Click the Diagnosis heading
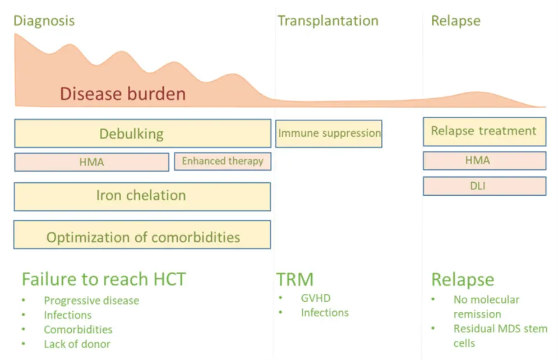tap(44, 21)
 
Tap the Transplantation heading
tap(328, 21)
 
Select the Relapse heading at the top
tap(455, 21)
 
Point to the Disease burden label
tap(122, 94)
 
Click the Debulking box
tap(142, 133)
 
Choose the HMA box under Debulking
tap(91, 162)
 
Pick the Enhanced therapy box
tap(223, 161)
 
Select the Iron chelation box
tap(142, 196)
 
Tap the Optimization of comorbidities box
tap(142, 237)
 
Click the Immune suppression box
tap(329, 133)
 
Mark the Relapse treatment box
tap(484, 131)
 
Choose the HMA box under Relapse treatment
tap(484, 160)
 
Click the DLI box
tap(484, 186)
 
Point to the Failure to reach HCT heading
tap(104, 279)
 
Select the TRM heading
tap(294, 279)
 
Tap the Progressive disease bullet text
tap(91, 301)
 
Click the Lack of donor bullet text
tap(77, 344)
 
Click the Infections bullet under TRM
tap(325, 313)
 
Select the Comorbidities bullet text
tap(78, 329)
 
